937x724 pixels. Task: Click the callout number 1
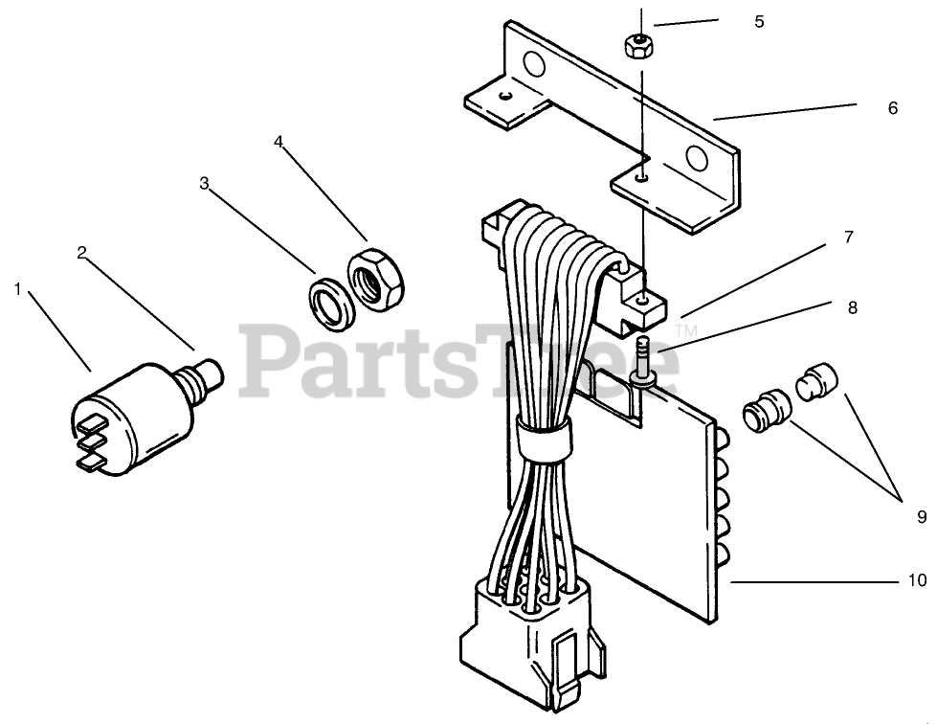(17, 288)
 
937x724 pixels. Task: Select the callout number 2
(82, 253)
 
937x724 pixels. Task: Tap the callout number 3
(204, 183)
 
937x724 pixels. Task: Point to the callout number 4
(279, 142)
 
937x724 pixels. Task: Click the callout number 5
(759, 21)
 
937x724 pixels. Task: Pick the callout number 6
(892, 108)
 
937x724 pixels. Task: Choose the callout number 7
(847, 237)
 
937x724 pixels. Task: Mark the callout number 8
(852, 307)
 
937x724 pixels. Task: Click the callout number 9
(922, 516)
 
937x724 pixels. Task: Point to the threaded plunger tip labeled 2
(208, 369)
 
